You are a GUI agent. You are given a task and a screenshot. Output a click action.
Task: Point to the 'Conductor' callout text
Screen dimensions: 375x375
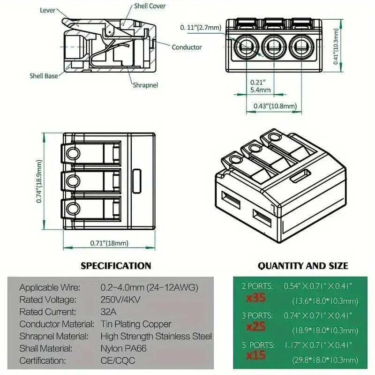pos(187,47)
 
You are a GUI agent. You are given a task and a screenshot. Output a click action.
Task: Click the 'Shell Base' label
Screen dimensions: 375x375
pos(44,75)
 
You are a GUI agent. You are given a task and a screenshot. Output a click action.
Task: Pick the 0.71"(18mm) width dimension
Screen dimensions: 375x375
pos(109,243)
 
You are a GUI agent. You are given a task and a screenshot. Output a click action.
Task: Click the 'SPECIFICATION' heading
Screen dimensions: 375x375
pos(116,266)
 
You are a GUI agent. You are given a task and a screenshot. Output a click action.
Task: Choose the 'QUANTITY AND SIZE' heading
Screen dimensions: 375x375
pos(303,266)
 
